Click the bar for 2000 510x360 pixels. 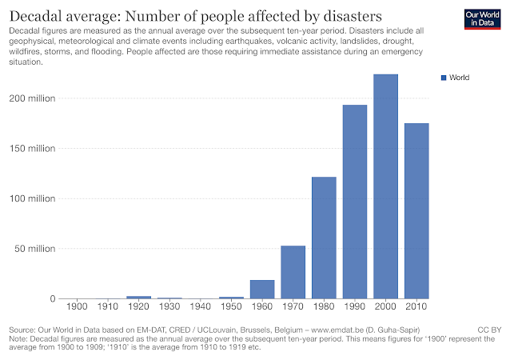coord(385,186)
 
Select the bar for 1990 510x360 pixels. coord(354,202)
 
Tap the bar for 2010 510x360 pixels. coord(416,210)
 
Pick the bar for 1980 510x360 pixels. coord(324,238)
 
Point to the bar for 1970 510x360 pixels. coord(293,272)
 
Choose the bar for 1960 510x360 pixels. coord(261,289)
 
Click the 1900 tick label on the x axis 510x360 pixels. coord(77,307)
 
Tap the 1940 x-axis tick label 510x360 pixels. coord(200,307)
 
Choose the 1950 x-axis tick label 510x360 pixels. coord(231,307)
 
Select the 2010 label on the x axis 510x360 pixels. coord(416,307)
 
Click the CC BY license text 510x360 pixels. coord(488,330)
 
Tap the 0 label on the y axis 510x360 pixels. coord(53,298)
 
